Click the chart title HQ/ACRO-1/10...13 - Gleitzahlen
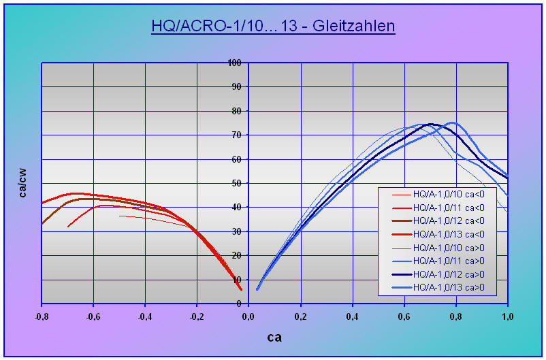[273, 27]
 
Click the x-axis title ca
[274, 337]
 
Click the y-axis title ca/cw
[23, 183]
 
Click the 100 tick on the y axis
[235, 63]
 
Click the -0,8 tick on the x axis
[42, 316]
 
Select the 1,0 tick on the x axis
[508, 316]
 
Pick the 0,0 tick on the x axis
[249, 316]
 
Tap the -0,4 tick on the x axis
[145, 316]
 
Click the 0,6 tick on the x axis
[404, 316]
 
